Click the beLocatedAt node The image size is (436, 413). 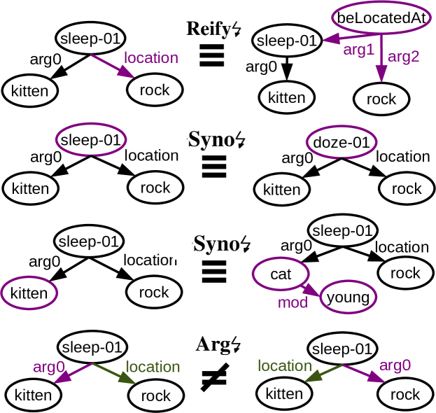(x=381, y=19)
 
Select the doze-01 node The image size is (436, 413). (x=341, y=143)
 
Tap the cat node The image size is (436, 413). (x=281, y=274)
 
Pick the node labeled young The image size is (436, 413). (x=348, y=297)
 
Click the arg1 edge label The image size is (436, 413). (x=358, y=50)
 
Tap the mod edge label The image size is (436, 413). (x=293, y=303)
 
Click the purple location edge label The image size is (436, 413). (x=151, y=57)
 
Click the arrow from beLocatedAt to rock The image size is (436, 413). (x=381, y=59)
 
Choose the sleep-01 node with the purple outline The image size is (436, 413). (x=91, y=140)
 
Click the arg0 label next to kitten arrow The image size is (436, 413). (x=49, y=367)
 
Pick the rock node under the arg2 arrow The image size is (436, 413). (x=381, y=99)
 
